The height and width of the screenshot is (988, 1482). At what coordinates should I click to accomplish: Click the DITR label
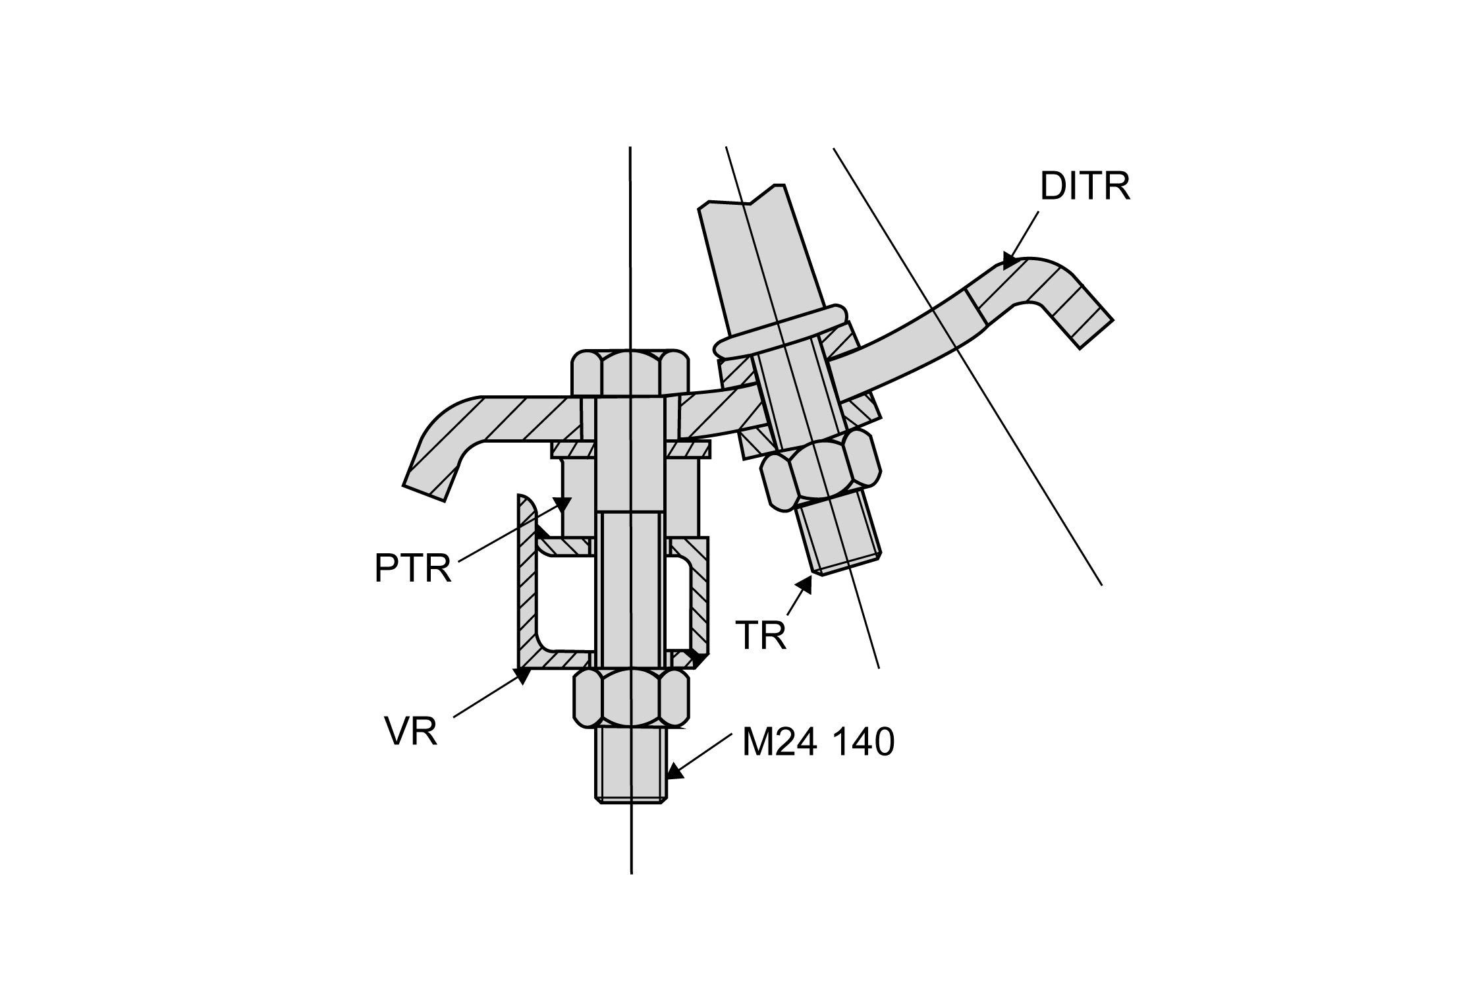point(1085,186)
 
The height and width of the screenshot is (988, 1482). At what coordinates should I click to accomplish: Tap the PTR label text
point(413,568)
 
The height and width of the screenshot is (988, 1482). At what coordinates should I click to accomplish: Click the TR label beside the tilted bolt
point(761,636)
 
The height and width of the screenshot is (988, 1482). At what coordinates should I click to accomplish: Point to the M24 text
point(780,743)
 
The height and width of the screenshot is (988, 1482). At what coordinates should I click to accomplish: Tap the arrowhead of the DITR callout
point(1010,262)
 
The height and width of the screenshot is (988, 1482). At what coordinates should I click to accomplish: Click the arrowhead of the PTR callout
point(562,506)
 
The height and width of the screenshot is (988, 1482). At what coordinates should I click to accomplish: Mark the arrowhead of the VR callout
point(522,676)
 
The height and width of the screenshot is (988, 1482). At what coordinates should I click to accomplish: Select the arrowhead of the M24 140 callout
point(673,771)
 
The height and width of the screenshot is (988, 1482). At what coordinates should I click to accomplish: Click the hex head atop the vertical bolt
point(630,373)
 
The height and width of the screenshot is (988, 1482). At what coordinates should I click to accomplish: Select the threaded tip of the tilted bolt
point(840,537)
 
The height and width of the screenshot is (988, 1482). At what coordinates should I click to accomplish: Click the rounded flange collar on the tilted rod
point(781,331)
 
